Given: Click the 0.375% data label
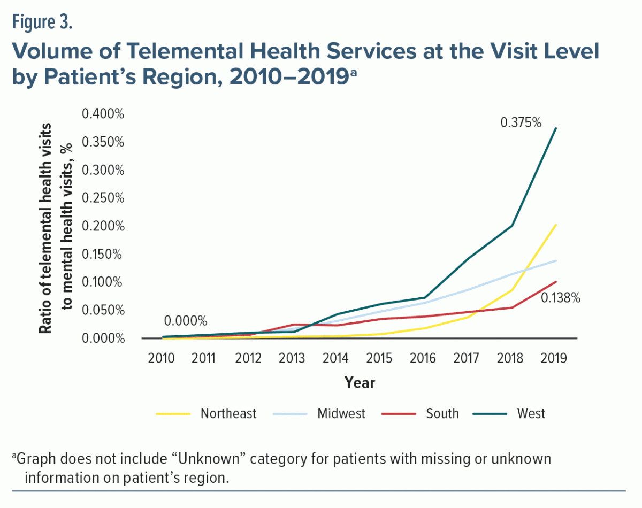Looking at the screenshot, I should (521, 122).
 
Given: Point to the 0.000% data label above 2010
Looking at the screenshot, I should (185, 321).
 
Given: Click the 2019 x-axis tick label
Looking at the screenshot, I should (554, 358).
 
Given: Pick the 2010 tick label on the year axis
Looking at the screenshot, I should (162, 358).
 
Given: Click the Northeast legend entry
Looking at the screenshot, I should (228, 413).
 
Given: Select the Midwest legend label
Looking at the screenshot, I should (341, 413).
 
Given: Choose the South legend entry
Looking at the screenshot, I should (442, 413).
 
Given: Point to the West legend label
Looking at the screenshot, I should (531, 413).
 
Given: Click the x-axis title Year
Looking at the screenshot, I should (360, 383).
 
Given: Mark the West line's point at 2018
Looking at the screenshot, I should (513, 225).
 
